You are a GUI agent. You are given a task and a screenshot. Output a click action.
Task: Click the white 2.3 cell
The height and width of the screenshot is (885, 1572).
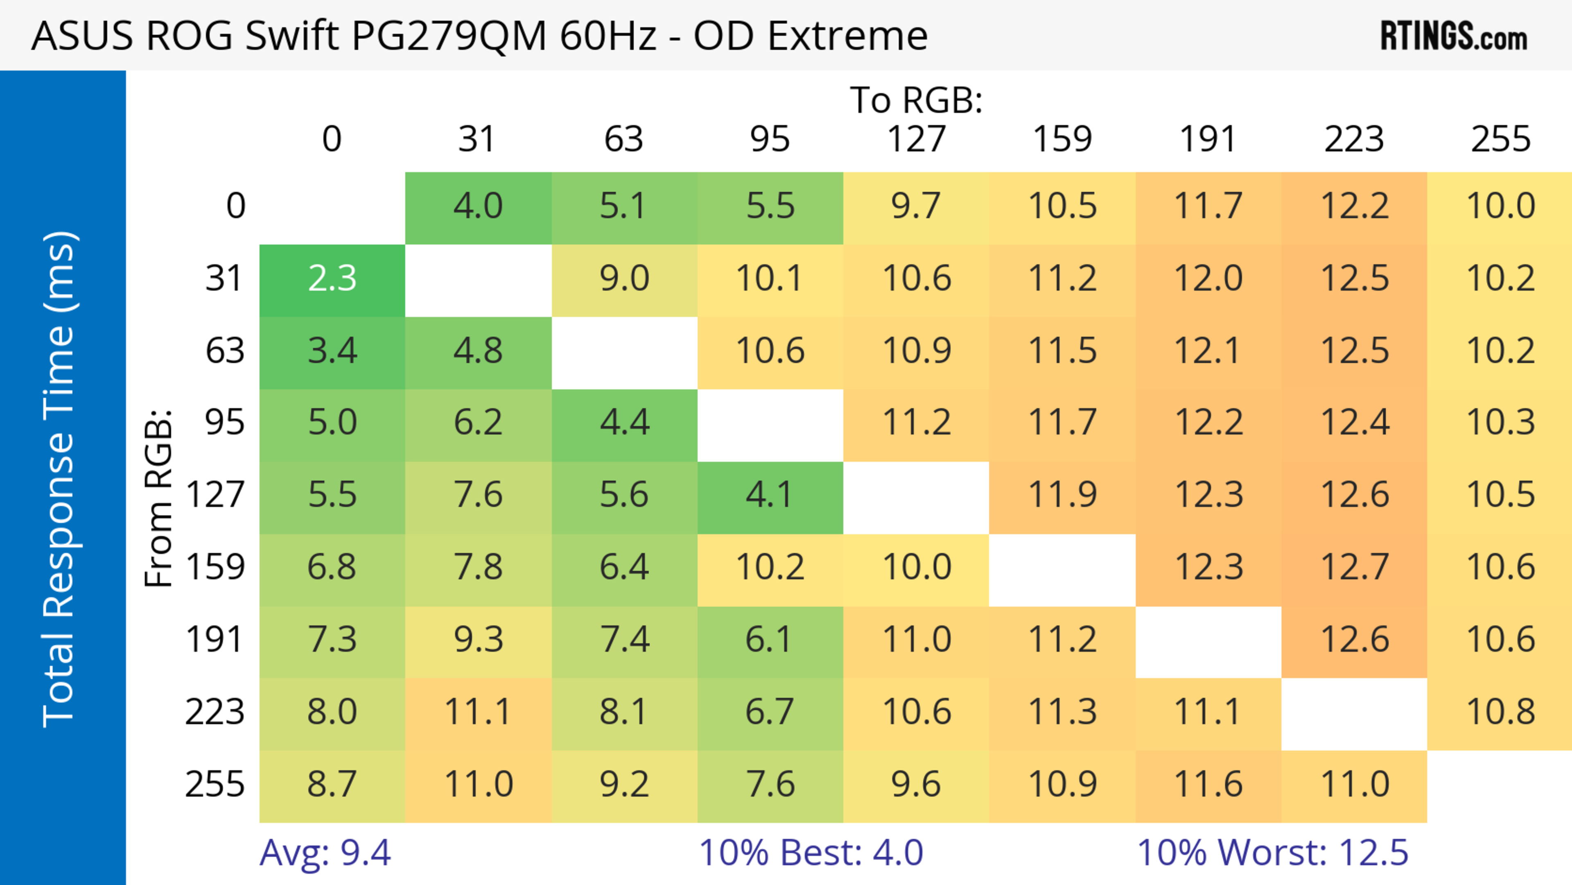click(332, 279)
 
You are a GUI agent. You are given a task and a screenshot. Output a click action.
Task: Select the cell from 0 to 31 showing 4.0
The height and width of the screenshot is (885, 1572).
click(478, 206)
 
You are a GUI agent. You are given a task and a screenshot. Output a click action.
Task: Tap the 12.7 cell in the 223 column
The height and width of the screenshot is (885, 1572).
click(1354, 567)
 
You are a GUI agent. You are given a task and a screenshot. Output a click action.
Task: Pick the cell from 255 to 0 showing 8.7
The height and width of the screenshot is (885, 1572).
click(332, 784)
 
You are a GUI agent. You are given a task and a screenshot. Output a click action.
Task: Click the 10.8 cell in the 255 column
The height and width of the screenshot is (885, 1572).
click(1500, 712)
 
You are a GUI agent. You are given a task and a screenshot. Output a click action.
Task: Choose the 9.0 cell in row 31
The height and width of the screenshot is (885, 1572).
click(623, 279)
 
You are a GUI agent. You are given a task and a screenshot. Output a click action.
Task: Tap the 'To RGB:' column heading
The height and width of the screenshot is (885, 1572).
click(916, 100)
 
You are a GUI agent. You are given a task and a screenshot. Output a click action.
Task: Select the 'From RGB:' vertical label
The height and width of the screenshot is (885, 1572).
click(159, 498)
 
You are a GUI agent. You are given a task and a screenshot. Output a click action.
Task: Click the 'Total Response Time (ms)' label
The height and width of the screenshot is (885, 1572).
click(60, 479)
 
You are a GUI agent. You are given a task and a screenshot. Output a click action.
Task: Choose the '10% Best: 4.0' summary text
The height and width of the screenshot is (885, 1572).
click(811, 853)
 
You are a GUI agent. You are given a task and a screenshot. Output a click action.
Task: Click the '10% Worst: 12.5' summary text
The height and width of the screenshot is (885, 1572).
click(1272, 853)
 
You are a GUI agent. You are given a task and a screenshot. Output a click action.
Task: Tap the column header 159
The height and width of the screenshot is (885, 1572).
click(1062, 139)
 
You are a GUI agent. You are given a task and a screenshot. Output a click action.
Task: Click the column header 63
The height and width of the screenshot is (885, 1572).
click(623, 139)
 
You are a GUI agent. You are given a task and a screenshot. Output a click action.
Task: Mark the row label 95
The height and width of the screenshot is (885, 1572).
click(225, 422)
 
